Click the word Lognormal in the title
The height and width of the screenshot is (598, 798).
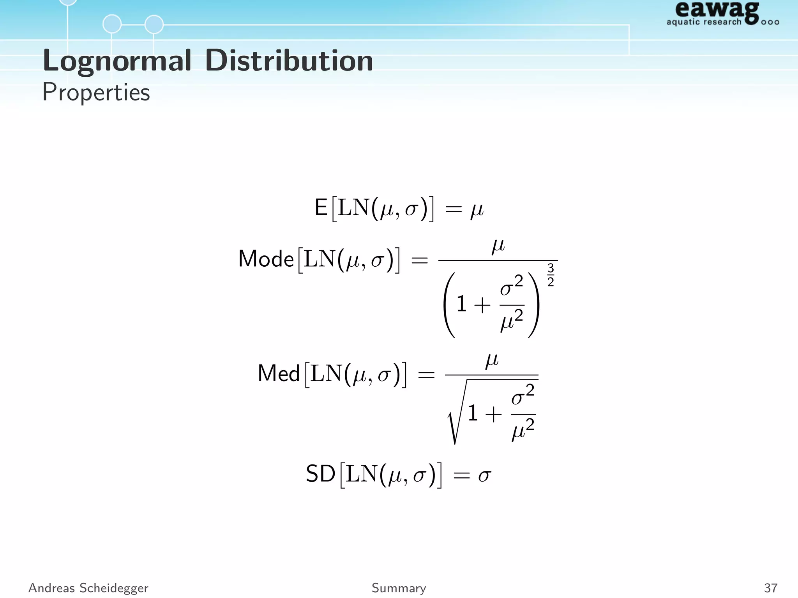[x=117, y=61]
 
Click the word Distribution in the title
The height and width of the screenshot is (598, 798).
[x=289, y=61]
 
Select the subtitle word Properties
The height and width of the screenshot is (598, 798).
[x=96, y=92]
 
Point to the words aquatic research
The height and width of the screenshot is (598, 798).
[x=704, y=22]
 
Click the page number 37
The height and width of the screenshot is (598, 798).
[x=771, y=587]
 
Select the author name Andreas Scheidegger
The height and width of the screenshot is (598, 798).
[x=88, y=587]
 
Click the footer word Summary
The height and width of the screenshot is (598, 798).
[x=399, y=587]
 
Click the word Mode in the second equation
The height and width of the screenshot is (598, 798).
[x=266, y=259]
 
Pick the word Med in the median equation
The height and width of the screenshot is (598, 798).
[x=279, y=373]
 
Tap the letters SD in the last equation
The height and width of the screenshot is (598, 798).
[x=320, y=474]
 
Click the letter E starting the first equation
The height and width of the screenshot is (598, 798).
[x=321, y=208]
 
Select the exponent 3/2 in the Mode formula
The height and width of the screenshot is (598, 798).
[x=550, y=275]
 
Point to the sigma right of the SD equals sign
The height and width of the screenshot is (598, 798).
[x=484, y=475]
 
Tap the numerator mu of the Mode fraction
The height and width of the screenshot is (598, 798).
[x=498, y=246]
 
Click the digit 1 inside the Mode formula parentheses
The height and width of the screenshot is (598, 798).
[x=461, y=304]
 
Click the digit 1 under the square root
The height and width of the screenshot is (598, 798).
[x=473, y=413]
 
